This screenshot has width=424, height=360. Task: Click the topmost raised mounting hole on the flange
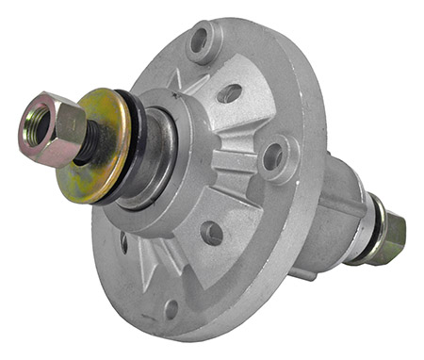pos(200,41)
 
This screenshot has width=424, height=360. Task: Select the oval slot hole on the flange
pos(229,92)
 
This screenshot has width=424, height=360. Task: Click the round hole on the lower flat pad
pos(213,233)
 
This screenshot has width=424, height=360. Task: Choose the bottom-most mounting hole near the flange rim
pos(171,307)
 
